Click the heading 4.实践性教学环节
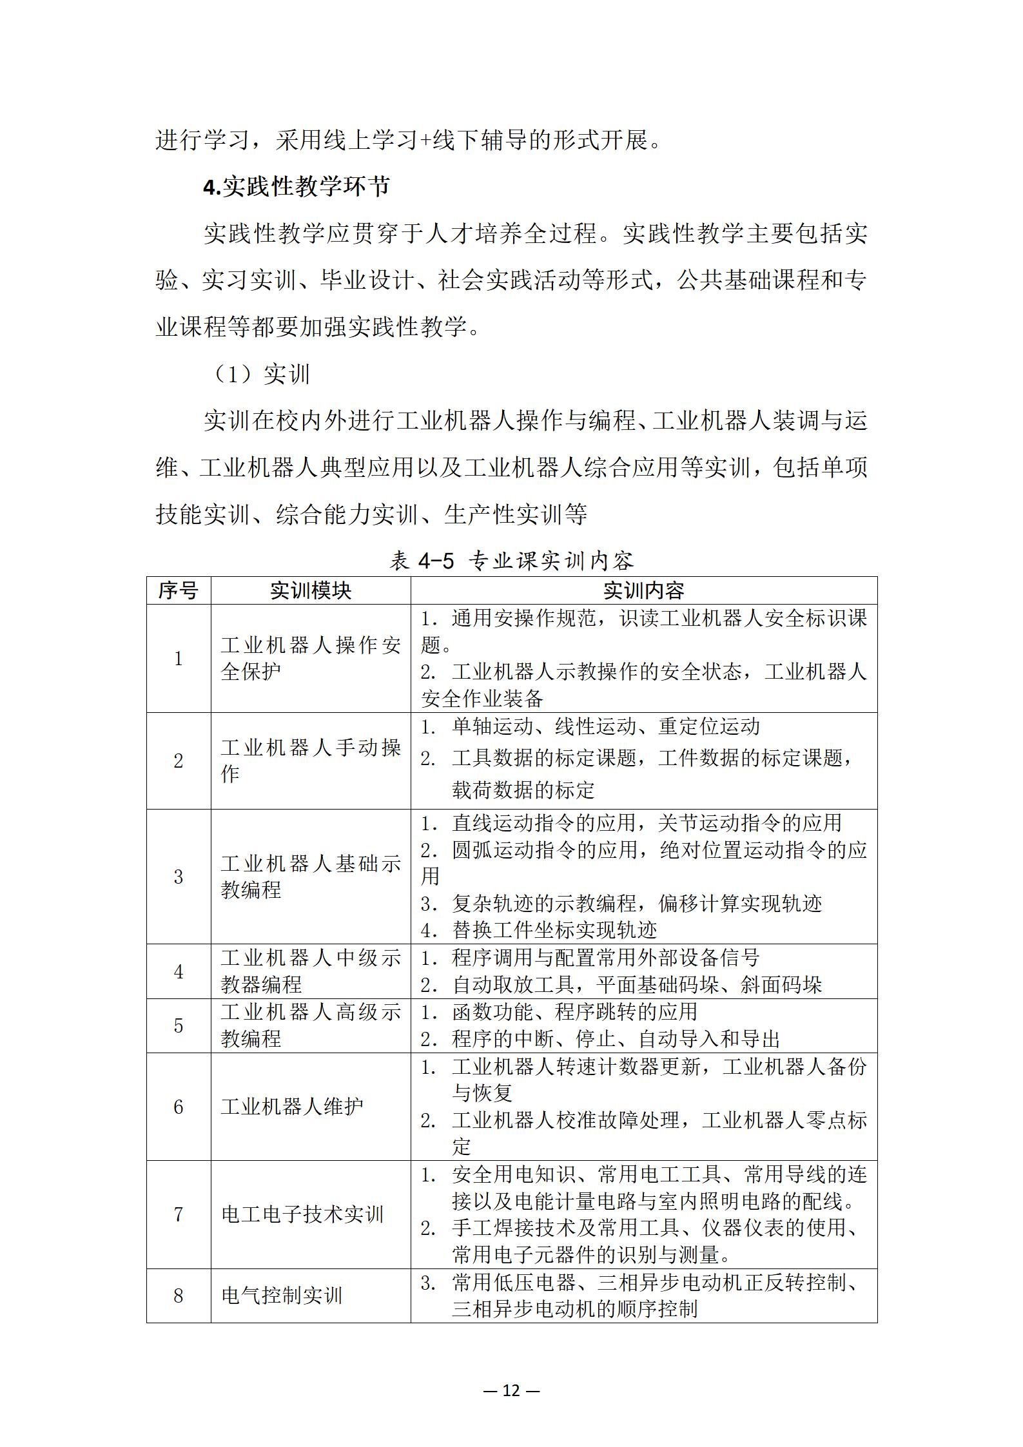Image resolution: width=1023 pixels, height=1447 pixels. [296, 187]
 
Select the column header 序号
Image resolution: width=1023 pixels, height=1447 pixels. [179, 590]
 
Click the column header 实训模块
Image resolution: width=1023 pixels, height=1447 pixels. [310, 590]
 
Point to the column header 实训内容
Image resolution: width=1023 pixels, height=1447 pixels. [643, 590]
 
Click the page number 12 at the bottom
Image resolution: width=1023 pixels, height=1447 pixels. [511, 1390]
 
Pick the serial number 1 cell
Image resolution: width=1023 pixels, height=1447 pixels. [179, 658]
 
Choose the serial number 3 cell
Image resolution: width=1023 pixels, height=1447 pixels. [179, 877]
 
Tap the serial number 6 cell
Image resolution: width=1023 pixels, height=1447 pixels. [179, 1107]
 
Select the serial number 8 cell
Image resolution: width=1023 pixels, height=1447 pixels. [179, 1296]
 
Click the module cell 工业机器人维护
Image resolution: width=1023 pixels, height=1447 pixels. [292, 1107]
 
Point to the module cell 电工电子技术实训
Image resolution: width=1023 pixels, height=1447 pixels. [302, 1214]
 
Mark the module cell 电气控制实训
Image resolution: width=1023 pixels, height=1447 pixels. [282, 1296]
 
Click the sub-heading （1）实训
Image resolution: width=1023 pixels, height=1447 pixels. [261, 374]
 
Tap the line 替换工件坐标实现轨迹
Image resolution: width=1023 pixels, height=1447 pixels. [554, 930]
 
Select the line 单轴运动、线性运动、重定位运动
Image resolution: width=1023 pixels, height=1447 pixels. [606, 726]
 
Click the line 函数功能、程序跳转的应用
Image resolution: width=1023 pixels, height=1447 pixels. [574, 1012]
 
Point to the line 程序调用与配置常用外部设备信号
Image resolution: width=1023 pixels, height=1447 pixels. [606, 958]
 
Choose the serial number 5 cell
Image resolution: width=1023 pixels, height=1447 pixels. [179, 1025]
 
